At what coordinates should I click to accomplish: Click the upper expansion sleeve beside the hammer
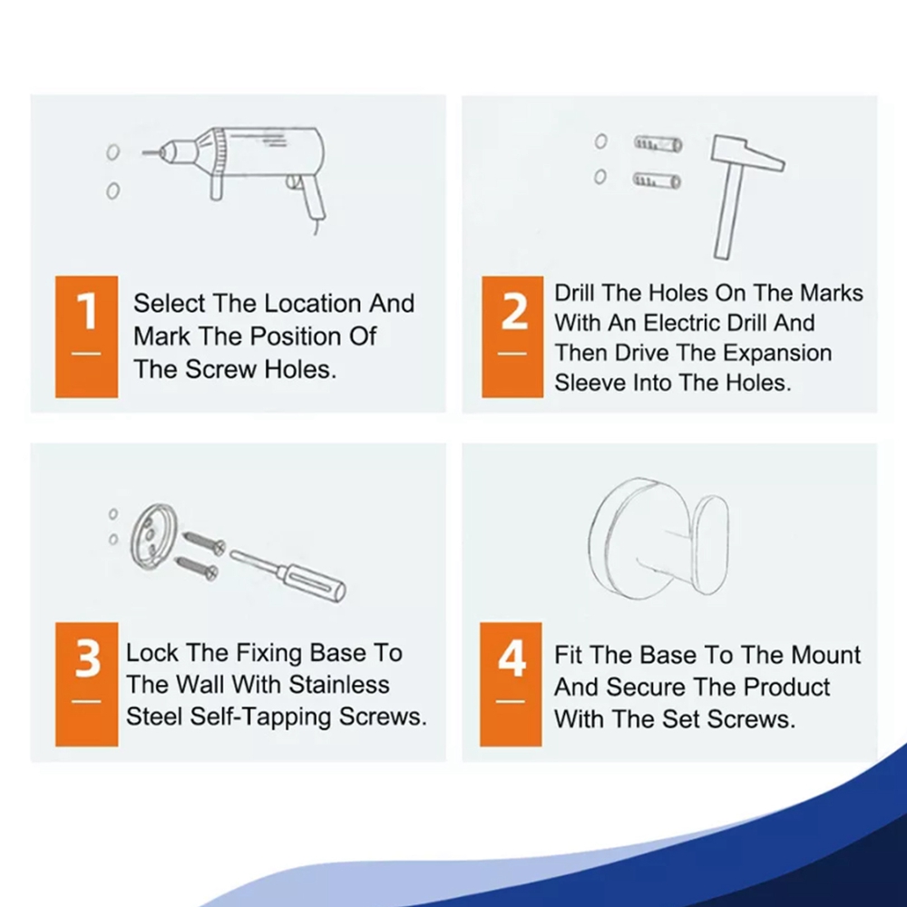click(658, 143)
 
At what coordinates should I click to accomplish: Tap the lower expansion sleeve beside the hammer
click(657, 181)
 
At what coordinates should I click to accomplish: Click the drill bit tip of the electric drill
click(144, 152)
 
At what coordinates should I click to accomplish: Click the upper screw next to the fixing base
click(204, 542)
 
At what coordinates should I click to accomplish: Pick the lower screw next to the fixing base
click(197, 567)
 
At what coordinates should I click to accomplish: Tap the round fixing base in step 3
click(152, 537)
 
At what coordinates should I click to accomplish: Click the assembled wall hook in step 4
click(658, 538)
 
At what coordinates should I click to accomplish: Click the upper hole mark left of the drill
click(113, 152)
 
